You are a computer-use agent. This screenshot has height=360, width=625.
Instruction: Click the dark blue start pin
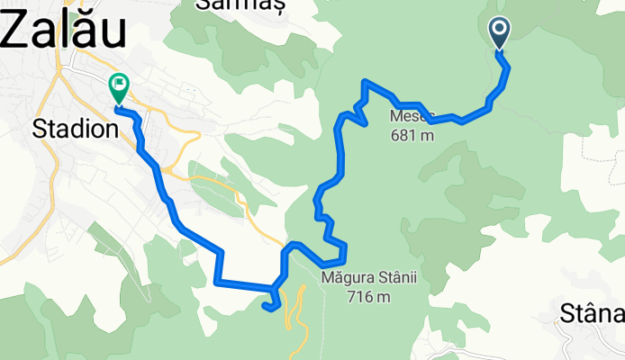(x=500, y=34)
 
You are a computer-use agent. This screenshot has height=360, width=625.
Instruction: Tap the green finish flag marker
(x=118, y=88)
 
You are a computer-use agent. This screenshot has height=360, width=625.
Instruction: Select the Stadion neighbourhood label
(x=75, y=129)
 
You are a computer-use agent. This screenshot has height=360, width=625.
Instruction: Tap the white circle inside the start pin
(x=500, y=30)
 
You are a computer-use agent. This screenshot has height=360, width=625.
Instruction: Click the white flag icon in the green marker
(x=118, y=85)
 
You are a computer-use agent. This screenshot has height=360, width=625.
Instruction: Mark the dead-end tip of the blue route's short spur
(x=265, y=308)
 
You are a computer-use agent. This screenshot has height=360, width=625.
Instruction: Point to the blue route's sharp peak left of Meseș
(x=365, y=82)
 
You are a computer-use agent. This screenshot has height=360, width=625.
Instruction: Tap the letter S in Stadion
(x=39, y=129)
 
